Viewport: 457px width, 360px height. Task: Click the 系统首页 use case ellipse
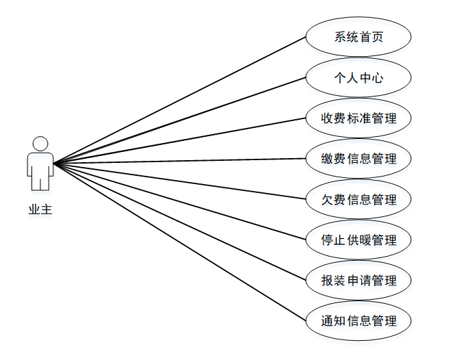(x=358, y=36)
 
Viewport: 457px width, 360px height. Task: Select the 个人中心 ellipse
(x=358, y=77)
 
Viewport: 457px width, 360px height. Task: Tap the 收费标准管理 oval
(x=358, y=118)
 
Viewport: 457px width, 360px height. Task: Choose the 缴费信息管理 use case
(x=358, y=159)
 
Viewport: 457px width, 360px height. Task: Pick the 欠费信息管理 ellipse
(x=358, y=199)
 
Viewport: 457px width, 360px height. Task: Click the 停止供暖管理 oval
(x=358, y=240)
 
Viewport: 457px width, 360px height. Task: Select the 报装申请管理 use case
(x=358, y=280)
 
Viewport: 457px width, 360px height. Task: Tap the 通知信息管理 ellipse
(x=358, y=320)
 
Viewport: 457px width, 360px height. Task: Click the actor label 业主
(x=40, y=209)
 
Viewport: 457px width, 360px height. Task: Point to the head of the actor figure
(x=40, y=144)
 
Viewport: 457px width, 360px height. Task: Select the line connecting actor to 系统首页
(x=179, y=100)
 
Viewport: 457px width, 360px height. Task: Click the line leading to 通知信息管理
(x=179, y=242)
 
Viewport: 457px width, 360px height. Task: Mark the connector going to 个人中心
(x=179, y=120)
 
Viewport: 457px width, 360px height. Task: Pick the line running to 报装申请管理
(x=179, y=222)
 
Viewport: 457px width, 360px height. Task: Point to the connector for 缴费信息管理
(x=179, y=161)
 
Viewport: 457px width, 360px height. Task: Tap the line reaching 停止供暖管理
(x=179, y=201)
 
